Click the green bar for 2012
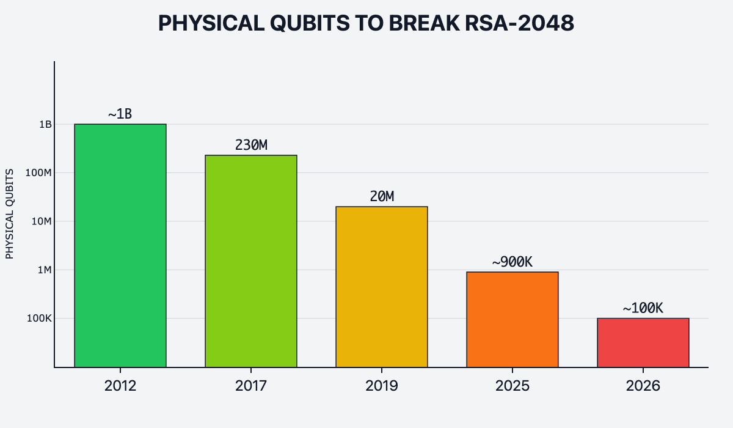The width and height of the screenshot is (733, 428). (x=120, y=245)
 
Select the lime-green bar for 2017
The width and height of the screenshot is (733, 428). (x=251, y=261)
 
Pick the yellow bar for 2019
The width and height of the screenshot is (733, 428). (x=382, y=287)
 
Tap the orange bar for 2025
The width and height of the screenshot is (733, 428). (x=512, y=319)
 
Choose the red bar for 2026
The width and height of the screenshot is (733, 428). (x=643, y=342)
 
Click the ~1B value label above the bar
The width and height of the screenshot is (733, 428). (x=120, y=114)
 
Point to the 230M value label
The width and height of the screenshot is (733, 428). (x=251, y=145)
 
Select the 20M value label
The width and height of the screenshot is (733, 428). (x=382, y=196)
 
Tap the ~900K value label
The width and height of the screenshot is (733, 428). (x=512, y=262)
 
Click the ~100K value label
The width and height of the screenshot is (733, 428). (x=643, y=308)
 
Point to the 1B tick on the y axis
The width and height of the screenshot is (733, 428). (x=45, y=124)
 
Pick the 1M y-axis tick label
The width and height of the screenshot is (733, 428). (x=44, y=270)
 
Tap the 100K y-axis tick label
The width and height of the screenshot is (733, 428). (x=38, y=319)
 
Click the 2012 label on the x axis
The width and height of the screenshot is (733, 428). (x=120, y=386)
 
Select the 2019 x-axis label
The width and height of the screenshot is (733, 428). (x=382, y=386)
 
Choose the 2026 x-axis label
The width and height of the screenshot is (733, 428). (x=643, y=386)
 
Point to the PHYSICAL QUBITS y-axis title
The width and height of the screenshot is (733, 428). (x=9, y=213)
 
